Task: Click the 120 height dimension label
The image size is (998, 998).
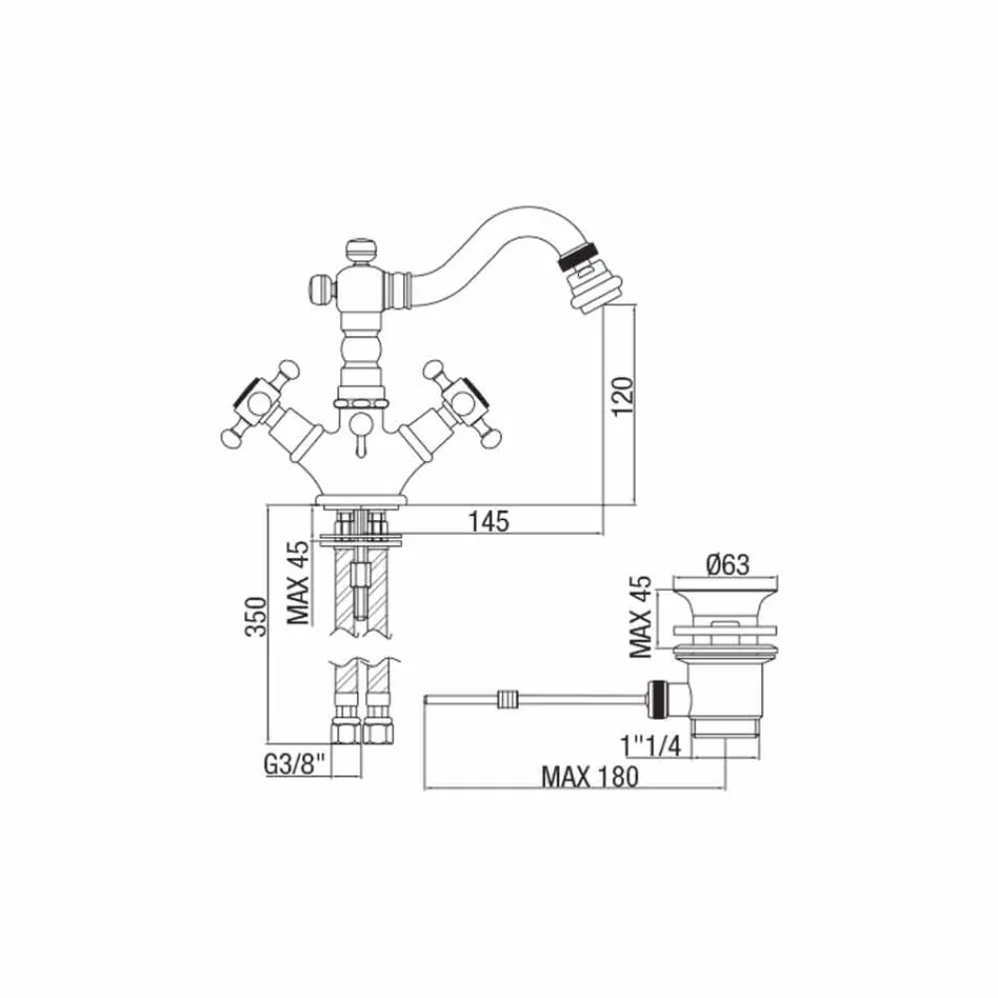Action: [625, 396]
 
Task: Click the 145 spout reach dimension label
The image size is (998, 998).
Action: [489, 521]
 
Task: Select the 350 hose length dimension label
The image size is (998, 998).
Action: [256, 616]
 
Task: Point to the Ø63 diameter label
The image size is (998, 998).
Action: [728, 564]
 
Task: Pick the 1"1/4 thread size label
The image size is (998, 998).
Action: [651, 746]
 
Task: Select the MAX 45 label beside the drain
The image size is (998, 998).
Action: [641, 617]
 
